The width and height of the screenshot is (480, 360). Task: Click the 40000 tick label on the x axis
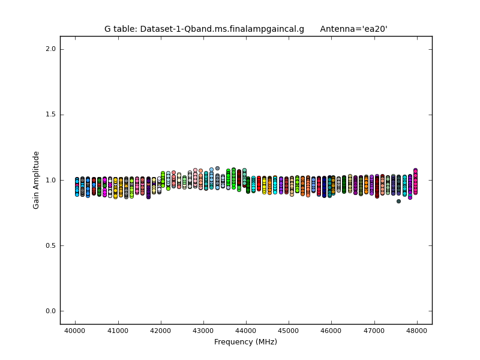point(75,331)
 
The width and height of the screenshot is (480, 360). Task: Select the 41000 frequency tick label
point(118,331)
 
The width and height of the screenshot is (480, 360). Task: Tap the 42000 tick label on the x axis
point(160,331)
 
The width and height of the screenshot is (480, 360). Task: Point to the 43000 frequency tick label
point(203,331)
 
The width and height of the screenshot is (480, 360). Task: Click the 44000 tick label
point(246,331)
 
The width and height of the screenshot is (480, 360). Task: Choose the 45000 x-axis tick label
point(289,331)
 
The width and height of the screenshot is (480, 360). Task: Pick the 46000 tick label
point(331,331)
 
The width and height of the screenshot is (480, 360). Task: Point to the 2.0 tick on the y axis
point(51,49)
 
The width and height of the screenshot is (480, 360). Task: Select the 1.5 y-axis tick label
point(51,115)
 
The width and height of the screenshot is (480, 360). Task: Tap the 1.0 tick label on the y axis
point(51,180)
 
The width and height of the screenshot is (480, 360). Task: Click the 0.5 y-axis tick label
point(51,245)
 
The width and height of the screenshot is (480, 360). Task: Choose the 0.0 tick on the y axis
point(51,311)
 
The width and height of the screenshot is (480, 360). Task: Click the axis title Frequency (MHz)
point(246,342)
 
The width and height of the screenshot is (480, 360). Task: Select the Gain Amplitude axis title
point(37,180)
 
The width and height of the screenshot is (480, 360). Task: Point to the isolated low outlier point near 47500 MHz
point(398,201)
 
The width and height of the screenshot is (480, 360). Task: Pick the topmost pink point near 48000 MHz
point(415,170)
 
